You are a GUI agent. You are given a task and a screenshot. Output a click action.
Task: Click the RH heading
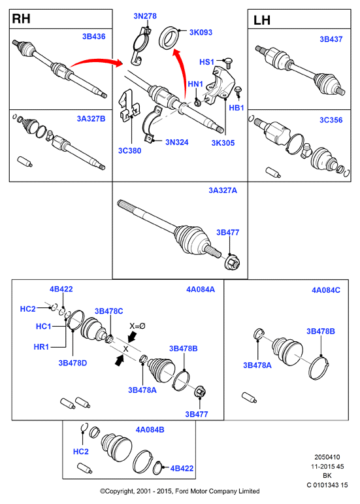click(x=21, y=19)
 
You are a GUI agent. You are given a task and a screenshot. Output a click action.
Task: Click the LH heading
click(x=262, y=20)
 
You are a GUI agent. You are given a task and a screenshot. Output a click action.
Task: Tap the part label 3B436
click(x=94, y=37)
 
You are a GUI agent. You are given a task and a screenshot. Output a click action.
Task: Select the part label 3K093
click(x=201, y=33)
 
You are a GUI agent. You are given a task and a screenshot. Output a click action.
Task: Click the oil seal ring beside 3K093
click(x=169, y=38)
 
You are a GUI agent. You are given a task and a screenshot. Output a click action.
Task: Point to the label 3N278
click(x=145, y=16)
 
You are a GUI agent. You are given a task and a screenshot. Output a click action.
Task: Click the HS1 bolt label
click(x=206, y=61)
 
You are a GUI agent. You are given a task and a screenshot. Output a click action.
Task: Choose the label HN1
click(x=195, y=84)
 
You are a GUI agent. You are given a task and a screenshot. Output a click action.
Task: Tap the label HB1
click(x=237, y=108)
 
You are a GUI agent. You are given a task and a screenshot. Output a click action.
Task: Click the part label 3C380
click(x=130, y=150)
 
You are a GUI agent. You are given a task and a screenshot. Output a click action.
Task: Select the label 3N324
click(x=177, y=142)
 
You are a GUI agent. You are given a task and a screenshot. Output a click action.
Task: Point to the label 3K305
click(x=223, y=143)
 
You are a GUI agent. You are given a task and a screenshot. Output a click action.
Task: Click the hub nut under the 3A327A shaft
click(x=233, y=262)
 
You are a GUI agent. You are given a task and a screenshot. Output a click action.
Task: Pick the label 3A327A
click(x=223, y=191)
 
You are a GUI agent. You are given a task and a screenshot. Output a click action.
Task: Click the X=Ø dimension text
click(x=137, y=326)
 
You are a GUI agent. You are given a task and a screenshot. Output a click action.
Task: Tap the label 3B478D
click(x=73, y=363)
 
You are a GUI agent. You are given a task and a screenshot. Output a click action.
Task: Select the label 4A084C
click(x=326, y=290)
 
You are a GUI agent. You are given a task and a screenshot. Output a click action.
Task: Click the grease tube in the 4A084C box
click(x=249, y=397)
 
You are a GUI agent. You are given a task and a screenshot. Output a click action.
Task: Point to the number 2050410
click(x=327, y=457)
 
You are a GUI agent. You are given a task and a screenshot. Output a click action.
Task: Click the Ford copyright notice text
click(x=180, y=491)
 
